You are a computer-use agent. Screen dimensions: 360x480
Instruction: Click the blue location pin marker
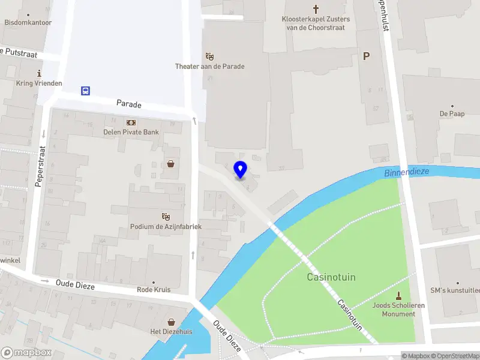[x=240, y=170]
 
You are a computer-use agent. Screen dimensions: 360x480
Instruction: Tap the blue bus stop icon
[x=86, y=91]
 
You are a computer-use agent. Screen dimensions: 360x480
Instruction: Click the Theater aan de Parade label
[x=209, y=66]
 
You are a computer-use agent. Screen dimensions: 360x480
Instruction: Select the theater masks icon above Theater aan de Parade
[x=209, y=56]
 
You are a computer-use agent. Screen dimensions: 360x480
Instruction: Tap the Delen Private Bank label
[x=130, y=133]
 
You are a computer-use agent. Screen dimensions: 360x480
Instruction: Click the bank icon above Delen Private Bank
[x=130, y=122]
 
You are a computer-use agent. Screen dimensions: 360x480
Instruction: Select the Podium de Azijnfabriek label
[x=166, y=226]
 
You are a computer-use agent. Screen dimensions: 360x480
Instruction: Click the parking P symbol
[x=367, y=56]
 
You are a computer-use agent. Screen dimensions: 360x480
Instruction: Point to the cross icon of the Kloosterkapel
[x=316, y=8]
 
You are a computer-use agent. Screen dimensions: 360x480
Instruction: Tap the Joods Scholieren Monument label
[x=398, y=310]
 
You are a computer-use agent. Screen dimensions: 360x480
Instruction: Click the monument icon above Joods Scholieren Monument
[x=398, y=295]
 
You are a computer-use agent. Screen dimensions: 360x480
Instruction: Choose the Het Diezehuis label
[x=172, y=331]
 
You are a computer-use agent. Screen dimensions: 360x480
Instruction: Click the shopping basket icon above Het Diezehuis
[x=172, y=322]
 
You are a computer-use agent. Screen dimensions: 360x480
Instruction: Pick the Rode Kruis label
[x=153, y=289]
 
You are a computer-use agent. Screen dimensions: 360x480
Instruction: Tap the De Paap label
[x=452, y=113]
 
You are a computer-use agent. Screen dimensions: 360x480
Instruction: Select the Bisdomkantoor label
[x=28, y=22]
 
